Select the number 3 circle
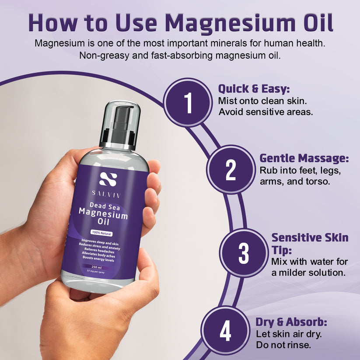click(x=243, y=253)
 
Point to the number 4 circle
click(x=225, y=332)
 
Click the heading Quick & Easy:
click(x=254, y=89)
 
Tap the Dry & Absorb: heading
click(x=291, y=323)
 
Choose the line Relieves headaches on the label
click(x=104, y=251)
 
